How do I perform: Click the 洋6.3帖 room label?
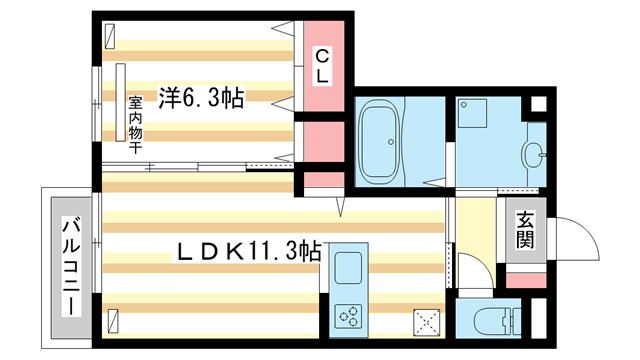pos(201,97)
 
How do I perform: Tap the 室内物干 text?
pos(134,121)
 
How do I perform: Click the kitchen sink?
pos(349,269)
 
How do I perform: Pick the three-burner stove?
pos(351,319)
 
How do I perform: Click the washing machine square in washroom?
pos(472,115)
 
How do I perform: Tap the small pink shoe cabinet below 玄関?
pos(524,276)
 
